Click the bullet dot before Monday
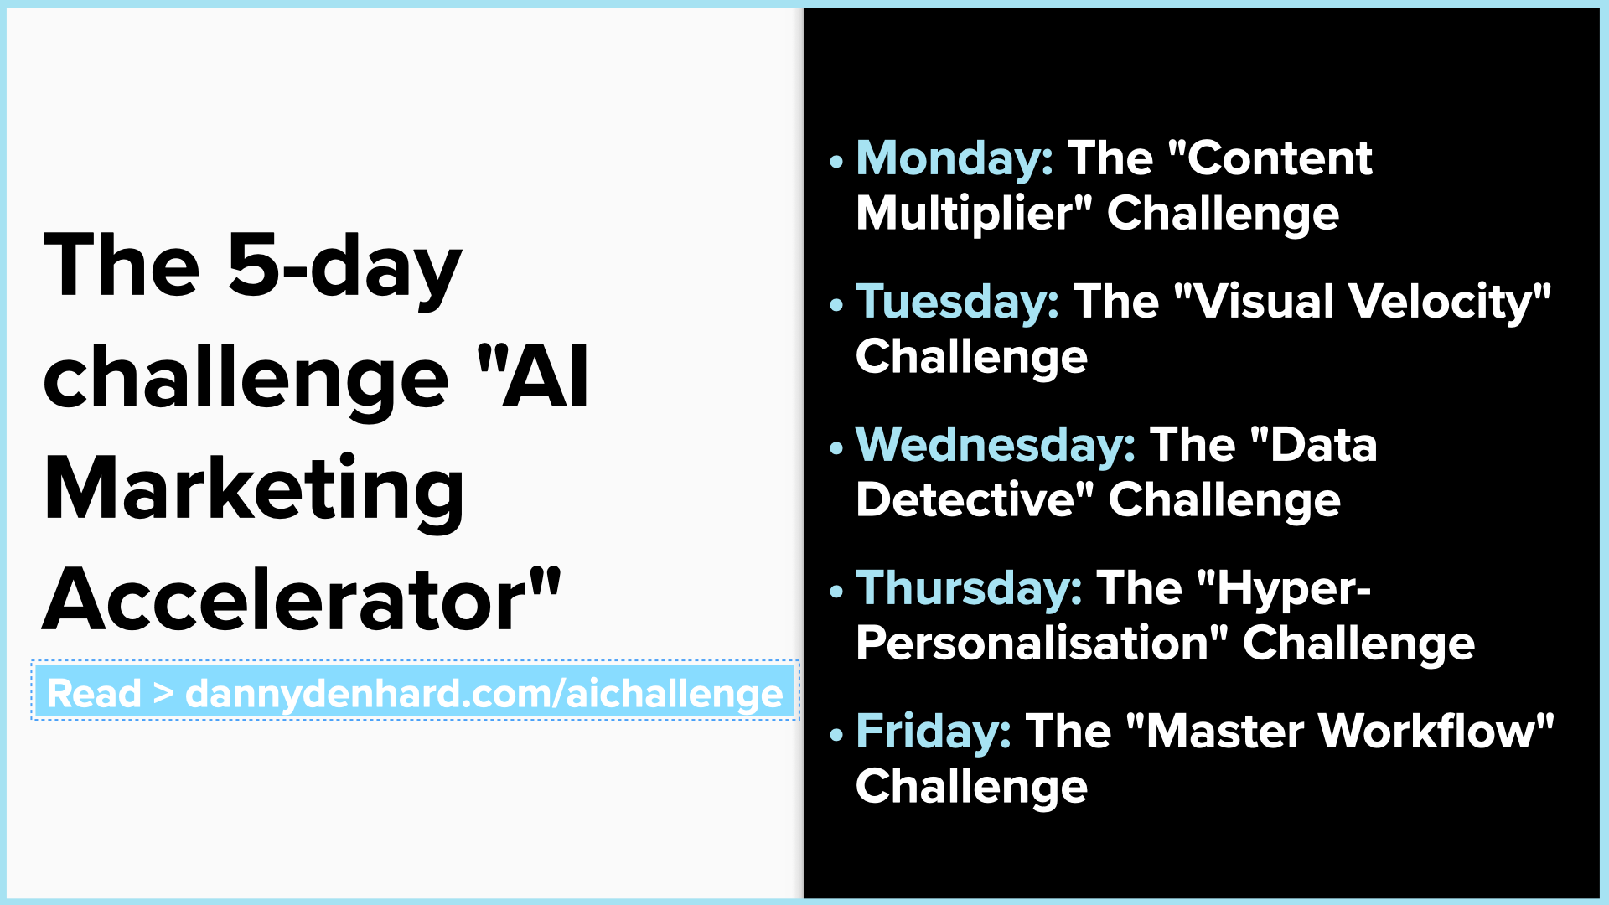836,162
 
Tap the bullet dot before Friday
836,735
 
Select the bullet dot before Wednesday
836,448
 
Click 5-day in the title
344,266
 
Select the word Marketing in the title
254,489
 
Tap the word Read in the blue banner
94,694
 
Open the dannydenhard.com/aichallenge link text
484,694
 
